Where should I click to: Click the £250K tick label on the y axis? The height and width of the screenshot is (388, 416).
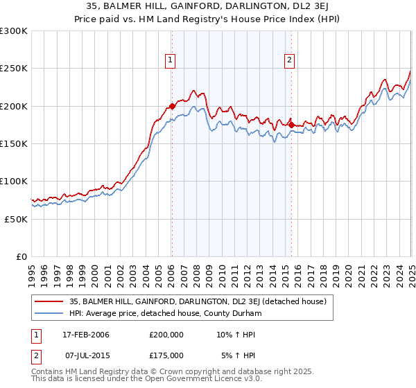[x=13, y=69]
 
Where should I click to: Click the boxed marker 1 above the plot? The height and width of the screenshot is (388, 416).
[x=171, y=60]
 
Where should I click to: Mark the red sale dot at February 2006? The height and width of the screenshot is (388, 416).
[x=172, y=107]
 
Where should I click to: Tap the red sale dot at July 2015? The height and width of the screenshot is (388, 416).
[x=291, y=125]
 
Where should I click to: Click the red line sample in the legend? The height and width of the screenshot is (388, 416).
[x=49, y=301]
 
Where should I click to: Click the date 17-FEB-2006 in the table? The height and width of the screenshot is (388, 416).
[x=85, y=335]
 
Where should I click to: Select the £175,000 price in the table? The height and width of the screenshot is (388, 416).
[x=166, y=355]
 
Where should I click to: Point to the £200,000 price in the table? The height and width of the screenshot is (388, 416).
[x=166, y=335]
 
